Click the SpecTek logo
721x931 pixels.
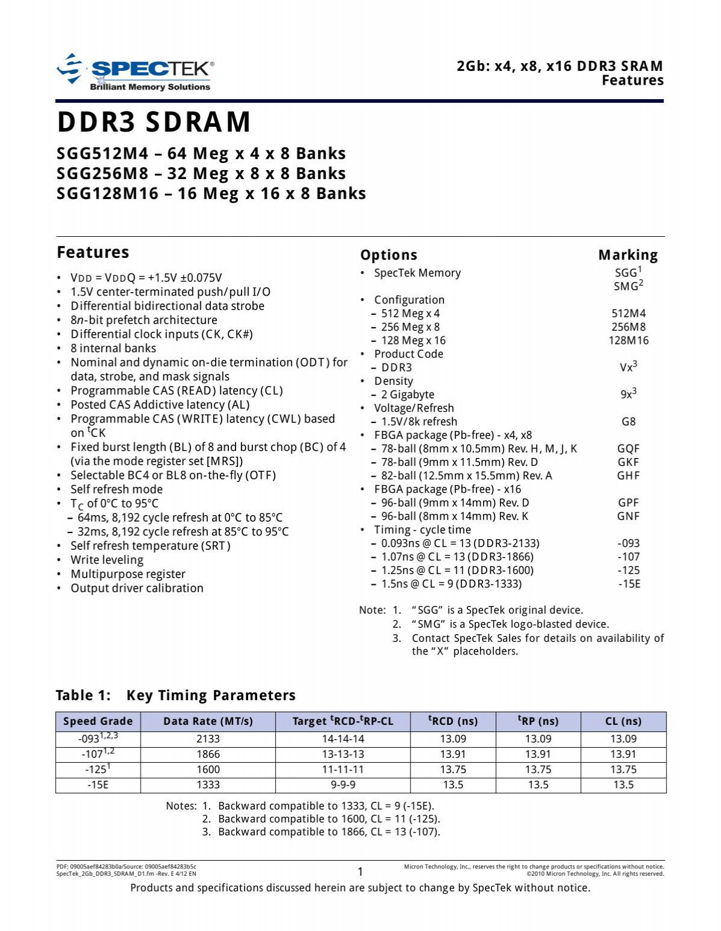pos(135,73)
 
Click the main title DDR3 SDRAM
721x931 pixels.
pos(154,122)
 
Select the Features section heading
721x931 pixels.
pos(93,252)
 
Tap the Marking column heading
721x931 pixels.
pos(628,255)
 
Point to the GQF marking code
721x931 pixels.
pos(628,448)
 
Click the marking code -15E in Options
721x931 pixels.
pos(628,584)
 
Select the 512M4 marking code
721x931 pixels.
pos(628,313)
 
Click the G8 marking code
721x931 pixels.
pos(628,421)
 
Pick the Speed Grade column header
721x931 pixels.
pos(98,721)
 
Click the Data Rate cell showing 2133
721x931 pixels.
pos(208,739)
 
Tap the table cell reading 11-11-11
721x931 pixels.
pos(342,769)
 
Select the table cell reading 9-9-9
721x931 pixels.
pos(342,784)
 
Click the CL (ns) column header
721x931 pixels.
pos(623,721)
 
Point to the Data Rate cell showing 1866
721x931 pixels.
pos(208,754)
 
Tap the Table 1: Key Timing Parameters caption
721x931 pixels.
pos(175,695)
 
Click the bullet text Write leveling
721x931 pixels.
pos(107,560)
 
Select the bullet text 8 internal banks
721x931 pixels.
pos(113,349)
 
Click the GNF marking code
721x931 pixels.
pos(628,516)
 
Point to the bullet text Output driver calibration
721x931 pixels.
pos(137,588)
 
